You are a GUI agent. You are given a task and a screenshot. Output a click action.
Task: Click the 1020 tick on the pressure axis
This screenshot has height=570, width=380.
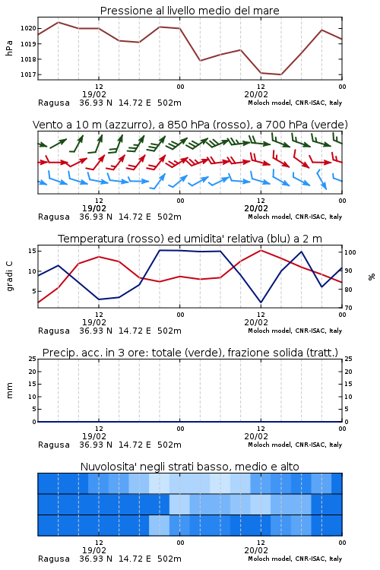28,28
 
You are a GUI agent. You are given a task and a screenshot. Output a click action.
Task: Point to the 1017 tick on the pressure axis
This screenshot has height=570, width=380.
28,74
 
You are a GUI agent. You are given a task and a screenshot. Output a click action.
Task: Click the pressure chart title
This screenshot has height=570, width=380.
190,11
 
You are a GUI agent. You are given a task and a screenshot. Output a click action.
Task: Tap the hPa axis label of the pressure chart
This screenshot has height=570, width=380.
9,48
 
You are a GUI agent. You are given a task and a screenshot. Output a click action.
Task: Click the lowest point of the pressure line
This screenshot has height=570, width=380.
280,74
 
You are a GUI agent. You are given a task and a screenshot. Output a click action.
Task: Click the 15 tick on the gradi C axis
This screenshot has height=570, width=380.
32,251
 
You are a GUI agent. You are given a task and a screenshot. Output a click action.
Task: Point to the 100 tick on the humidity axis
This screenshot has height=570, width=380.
350,252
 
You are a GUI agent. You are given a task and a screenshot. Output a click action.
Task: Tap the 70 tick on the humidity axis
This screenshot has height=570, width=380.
348,308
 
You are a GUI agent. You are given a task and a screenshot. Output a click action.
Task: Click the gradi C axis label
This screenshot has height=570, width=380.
10,277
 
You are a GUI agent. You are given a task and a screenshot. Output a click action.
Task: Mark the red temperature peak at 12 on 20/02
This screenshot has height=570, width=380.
261,250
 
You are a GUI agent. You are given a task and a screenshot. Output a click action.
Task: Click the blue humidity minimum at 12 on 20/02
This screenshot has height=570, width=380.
261,302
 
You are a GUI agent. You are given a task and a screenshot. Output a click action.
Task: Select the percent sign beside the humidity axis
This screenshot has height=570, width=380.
372,277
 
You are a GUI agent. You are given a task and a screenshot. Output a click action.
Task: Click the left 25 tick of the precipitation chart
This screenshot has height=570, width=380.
33,359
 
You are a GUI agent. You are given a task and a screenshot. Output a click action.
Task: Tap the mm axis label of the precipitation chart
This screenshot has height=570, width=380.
9,391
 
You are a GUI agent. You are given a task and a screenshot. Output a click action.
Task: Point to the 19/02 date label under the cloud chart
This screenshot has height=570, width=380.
94,550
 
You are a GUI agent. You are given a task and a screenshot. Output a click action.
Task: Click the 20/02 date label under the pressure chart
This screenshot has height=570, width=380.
256,94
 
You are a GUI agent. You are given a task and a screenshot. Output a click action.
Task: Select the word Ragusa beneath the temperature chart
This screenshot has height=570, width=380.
54,331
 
